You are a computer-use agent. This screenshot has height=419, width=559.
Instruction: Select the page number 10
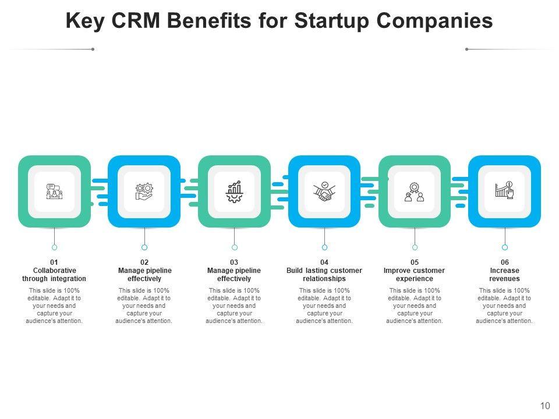[545, 406]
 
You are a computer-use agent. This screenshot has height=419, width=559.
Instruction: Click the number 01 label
[54, 262]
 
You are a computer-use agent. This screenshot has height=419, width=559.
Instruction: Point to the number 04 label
[324, 262]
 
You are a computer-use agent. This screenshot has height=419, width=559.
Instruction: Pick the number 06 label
[505, 262]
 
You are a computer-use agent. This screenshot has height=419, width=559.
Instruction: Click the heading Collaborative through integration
[54, 275]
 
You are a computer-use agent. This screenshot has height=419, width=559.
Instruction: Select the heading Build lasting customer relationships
[324, 275]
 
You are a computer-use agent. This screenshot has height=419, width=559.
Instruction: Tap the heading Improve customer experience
[415, 275]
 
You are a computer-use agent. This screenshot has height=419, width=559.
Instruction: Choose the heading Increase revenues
[505, 275]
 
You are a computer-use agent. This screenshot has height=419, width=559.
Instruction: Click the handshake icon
[324, 191]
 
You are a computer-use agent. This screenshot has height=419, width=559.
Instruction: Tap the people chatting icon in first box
[54, 191]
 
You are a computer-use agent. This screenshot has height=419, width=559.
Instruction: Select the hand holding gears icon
[144, 191]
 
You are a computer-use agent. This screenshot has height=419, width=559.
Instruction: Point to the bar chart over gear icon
[234, 191]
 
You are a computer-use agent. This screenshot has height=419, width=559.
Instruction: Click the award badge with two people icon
[415, 191]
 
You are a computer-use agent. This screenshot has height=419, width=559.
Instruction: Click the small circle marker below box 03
[235, 247]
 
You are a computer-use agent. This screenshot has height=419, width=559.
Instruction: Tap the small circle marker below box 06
[505, 247]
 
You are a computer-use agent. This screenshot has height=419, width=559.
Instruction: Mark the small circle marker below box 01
[54, 247]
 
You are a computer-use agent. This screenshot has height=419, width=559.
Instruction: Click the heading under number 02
[144, 275]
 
